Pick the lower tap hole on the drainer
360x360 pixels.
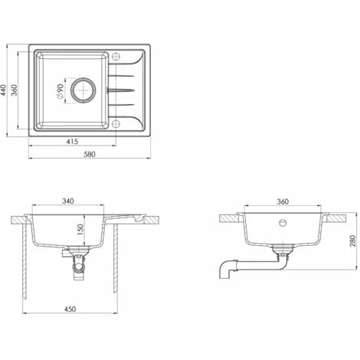point(116,123)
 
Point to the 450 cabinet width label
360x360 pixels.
point(70,310)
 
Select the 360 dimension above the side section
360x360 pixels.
point(283,202)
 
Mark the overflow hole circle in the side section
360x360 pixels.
point(283,224)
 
